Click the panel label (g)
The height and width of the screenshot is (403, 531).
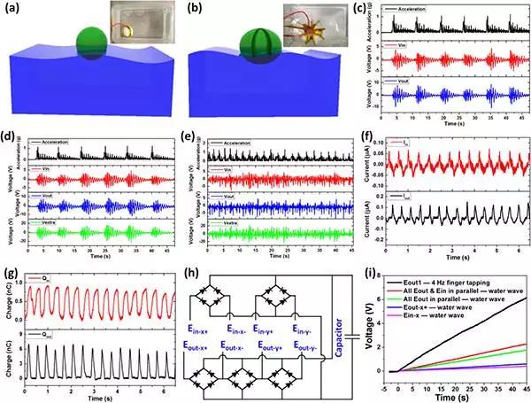pyautogui.click(x=11, y=272)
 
